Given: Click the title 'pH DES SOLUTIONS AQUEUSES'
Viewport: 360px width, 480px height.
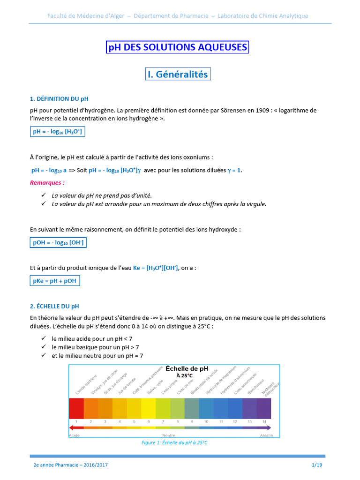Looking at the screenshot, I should pos(177,47).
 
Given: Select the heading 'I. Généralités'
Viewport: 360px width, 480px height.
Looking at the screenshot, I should pos(177,74).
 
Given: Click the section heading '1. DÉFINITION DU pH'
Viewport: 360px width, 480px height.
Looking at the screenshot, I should pos(59,99).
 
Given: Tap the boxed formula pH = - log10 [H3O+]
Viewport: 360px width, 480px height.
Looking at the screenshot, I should pos(57,132).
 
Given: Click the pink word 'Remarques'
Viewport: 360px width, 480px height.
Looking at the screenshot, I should pos(47,182).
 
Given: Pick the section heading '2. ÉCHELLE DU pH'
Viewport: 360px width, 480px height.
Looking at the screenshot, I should pos(54,306).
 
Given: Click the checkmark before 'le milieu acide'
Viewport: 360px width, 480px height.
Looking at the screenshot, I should pos(43,338).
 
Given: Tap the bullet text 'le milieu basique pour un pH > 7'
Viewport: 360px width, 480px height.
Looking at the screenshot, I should pos(95,347).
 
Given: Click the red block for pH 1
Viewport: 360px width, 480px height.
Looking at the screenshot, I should pos(76,408).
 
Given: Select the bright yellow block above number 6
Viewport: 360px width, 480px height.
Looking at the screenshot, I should pos(148,408).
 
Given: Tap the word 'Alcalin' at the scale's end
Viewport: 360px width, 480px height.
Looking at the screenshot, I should pos(266,435).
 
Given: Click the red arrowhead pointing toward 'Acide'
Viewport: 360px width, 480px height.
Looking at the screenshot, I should pos(72,428).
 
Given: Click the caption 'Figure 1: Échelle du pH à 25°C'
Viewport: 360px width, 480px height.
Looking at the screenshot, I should pos(174,442).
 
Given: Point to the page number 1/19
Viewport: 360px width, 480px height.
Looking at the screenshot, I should pos(317,465).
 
